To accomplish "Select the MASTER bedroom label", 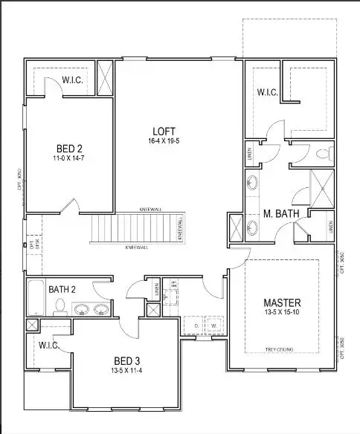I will tap(282, 302).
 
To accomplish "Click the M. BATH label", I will tap(281, 215).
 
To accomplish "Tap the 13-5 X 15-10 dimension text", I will tap(282, 313).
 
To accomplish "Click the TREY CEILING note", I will tap(281, 349).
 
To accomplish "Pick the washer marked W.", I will tap(213, 325).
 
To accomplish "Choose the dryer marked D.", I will tap(196, 325).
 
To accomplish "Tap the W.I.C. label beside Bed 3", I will tap(48, 345).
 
